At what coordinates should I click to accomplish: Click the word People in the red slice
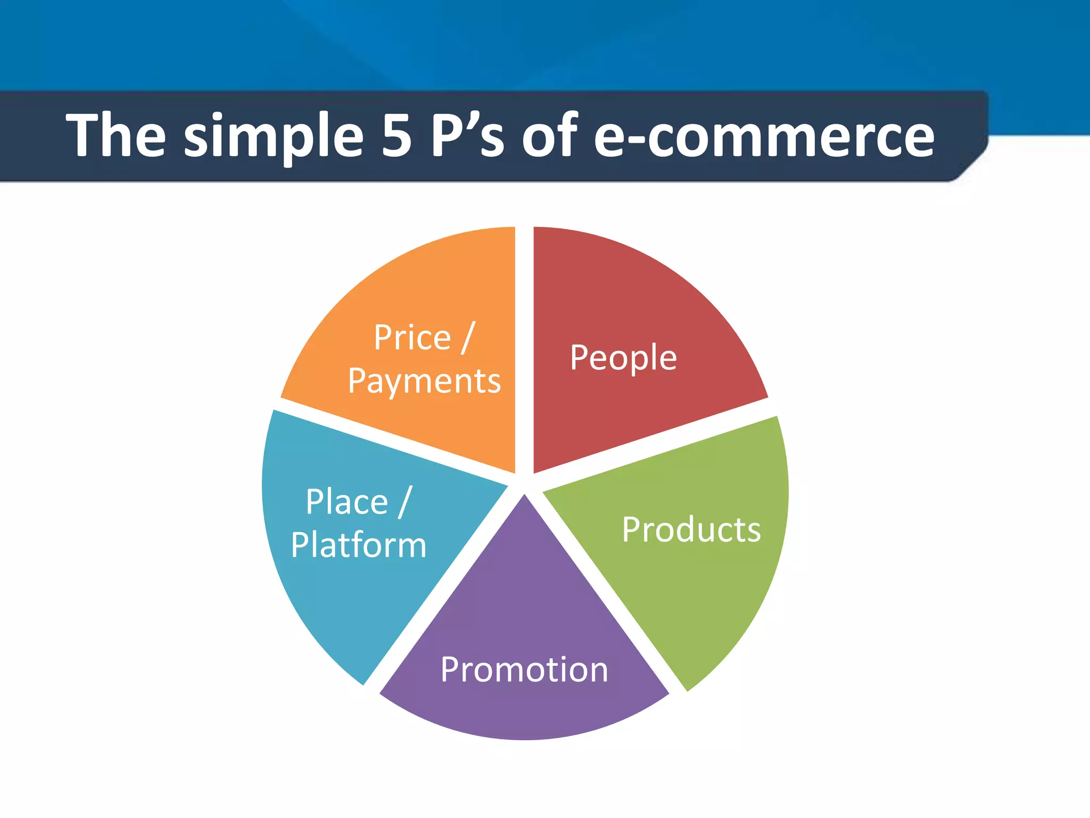click(x=623, y=358)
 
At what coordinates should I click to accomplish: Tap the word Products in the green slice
click(x=691, y=530)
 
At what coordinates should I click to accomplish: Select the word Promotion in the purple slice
click(x=524, y=669)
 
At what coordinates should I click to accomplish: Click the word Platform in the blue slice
click(x=359, y=545)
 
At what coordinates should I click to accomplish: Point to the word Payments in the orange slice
click(x=424, y=382)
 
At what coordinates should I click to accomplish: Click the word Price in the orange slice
click(x=412, y=338)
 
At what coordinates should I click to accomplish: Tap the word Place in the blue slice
click(x=346, y=502)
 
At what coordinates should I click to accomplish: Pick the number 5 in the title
click(x=397, y=136)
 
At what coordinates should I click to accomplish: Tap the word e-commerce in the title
click(x=764, y=136)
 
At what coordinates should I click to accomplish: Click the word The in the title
click(x=115, y=135)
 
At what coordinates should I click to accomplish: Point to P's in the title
click(x=467, y=135)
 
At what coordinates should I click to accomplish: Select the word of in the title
click(x=549, y=135)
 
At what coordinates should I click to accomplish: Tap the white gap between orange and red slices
click(x=524, y=346)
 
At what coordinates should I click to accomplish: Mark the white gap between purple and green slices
click(x=607, y=596)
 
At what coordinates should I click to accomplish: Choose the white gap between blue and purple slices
click(x=442, y=596)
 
